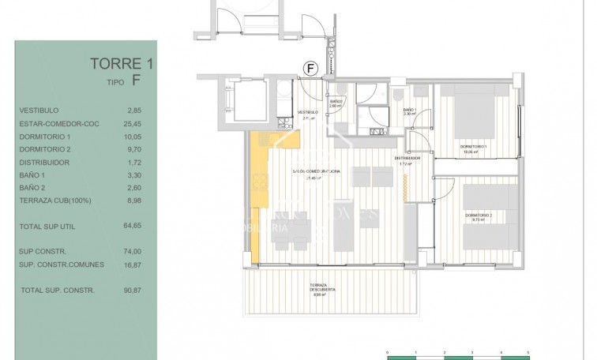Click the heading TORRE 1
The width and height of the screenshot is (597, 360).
[x=116, y=64]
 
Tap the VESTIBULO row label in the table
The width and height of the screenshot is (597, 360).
[x=39, y=111]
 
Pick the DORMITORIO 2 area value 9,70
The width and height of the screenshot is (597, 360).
[x=133, y=148]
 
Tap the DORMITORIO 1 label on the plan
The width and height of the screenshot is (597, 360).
[x=474, y=148]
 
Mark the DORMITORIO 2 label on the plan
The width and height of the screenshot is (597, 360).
[x=478, y=216]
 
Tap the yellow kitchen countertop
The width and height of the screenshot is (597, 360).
[x=258, y=197]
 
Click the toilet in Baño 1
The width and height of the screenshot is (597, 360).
[x=395, y=94]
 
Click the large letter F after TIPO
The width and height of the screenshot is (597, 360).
[x=136, y=80]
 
